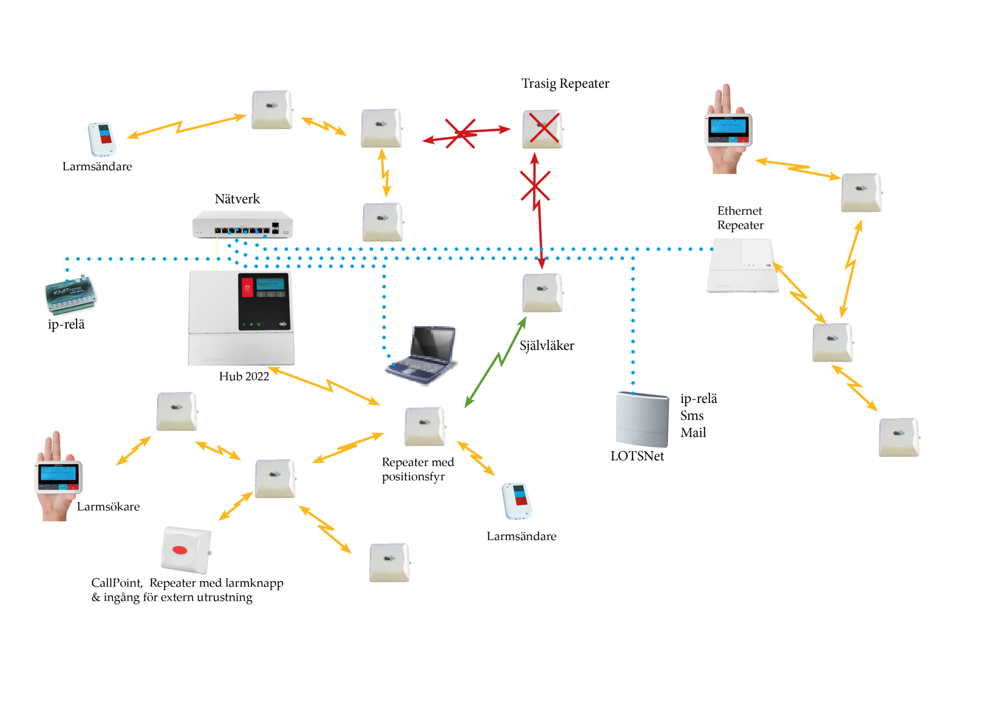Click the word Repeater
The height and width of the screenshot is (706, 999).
point(740,226)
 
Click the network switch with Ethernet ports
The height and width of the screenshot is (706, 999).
point(242,225)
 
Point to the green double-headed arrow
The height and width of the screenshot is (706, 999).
point(495,362)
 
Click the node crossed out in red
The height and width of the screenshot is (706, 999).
point(542,129)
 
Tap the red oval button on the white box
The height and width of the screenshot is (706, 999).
point(180,550)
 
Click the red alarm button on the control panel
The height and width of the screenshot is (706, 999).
point(247,287)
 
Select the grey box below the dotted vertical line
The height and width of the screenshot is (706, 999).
point(642,419)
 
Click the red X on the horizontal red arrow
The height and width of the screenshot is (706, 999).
point(460,133)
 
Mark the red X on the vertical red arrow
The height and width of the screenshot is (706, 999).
point(535,185)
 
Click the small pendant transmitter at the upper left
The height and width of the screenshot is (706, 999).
point(102,140)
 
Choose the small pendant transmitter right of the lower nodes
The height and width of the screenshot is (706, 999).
point(517,501)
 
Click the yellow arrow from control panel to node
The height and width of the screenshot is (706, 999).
point(324,385)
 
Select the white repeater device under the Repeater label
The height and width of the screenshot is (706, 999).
point(741,266)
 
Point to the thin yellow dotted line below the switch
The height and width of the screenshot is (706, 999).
point(217,256)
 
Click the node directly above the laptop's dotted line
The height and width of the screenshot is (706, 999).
point(382,222)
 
